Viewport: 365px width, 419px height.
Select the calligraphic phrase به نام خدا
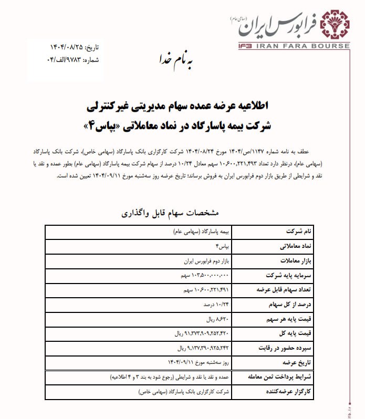coord(175,59)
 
